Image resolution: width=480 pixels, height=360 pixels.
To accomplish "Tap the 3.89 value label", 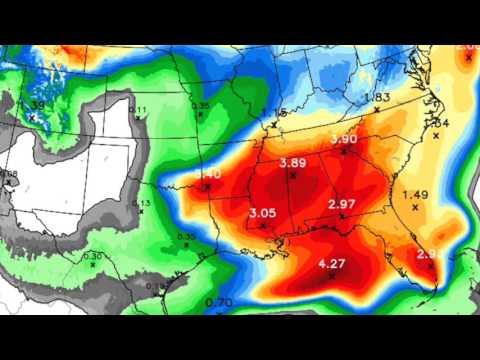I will [293, 163].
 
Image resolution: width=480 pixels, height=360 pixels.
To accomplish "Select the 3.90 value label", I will [344, 139].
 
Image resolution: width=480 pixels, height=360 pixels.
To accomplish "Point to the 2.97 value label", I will [342, 205].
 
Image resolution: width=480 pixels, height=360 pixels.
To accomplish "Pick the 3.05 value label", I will [262, 213].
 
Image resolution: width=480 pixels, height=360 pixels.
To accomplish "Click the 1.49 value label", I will [414, 194].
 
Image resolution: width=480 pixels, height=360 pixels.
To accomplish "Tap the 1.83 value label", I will [377, 97].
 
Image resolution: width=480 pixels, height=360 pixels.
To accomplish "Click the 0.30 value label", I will [93, 256].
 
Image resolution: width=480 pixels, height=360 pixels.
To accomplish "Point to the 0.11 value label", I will [138, 110].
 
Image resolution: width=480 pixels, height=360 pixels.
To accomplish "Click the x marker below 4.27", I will [330, 275].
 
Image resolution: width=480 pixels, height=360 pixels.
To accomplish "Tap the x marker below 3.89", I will [293, 175].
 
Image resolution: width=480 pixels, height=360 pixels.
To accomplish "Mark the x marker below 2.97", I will [342, 216].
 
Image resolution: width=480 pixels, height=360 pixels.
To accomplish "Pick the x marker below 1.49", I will [414, 207].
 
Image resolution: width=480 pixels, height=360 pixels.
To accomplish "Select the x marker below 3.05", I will [263, 225].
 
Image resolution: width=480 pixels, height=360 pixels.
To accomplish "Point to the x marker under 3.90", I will [343, 151].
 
